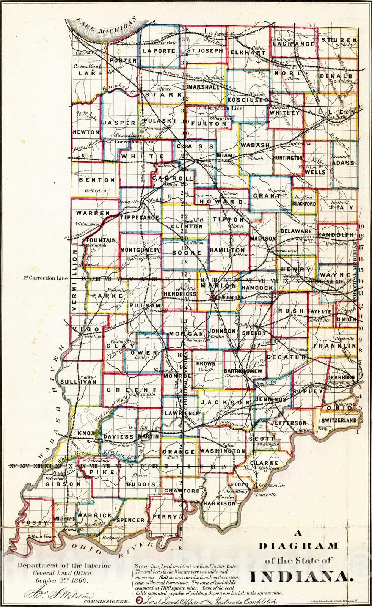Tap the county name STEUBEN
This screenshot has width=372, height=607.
click(339, 40)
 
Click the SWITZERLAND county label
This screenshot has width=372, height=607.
click(339, 420)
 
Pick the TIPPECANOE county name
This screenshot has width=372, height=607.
click(140, 218)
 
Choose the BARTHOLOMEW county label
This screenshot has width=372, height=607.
click(243, 371)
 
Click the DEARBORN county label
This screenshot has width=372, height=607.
click(341, 377)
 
